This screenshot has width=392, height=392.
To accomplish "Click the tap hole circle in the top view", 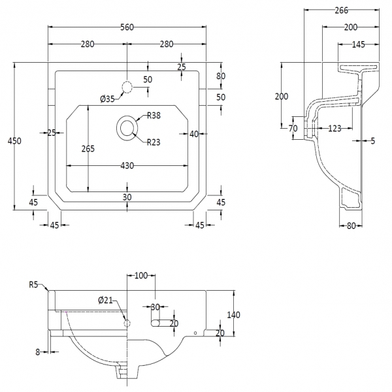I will coord(127,88).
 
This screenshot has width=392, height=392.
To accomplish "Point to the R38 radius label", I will coord(154,116).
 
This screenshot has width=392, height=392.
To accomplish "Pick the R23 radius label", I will coord(154,142).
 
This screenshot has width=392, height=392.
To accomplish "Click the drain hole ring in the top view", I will coord(127,127).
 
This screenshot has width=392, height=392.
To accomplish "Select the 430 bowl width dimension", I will coord(127,166).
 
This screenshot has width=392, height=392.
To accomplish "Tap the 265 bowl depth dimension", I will coord(88,148).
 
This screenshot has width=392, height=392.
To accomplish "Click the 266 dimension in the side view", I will coord(340,10).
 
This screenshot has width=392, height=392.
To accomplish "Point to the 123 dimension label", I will coord(335,129).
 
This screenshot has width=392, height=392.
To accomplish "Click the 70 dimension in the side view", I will coord(293,128).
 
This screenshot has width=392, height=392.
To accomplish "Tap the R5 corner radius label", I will coord(34,284).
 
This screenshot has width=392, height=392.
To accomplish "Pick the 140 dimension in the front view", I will coord(233,315).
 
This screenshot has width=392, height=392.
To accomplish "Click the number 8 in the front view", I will coord(38,351).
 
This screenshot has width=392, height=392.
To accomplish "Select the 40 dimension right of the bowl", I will coord(194,134).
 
